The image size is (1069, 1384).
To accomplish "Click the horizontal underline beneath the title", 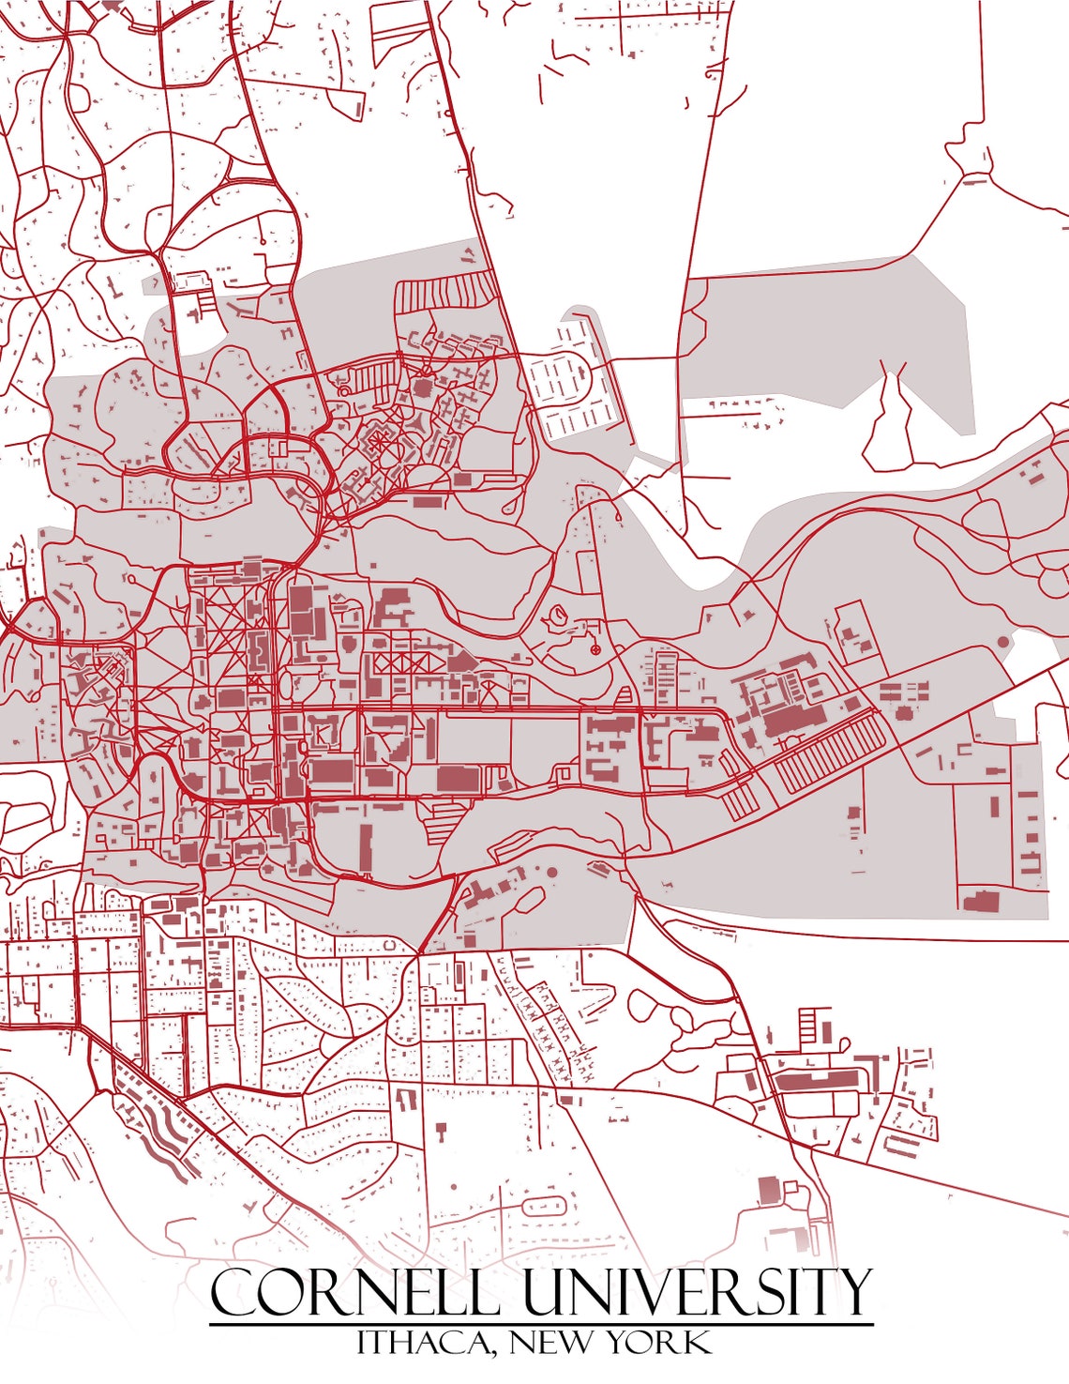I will [x=540, y=1325].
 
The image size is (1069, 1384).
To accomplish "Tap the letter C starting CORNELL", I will [x=232, y=1293].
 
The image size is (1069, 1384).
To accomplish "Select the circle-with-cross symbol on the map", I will [x=595, y=649].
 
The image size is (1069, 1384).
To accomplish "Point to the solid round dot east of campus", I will [x=1002, y=643].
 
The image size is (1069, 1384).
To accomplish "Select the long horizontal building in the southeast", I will [x=816, y=1081].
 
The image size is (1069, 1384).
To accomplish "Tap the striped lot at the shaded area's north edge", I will [x=444, y=290].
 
